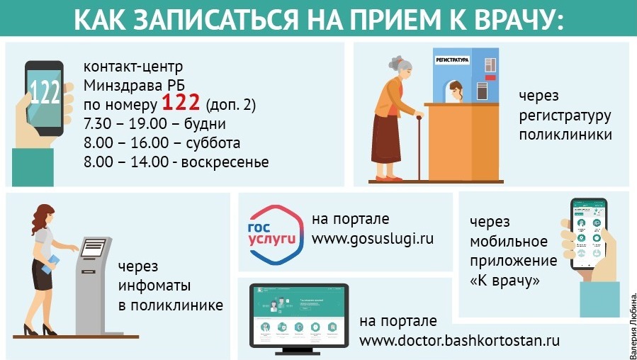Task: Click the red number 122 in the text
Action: click(x=181, y=103)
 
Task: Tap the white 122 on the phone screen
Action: click(x=45, y=92)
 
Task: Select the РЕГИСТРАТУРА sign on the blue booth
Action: click(x=452, y=60)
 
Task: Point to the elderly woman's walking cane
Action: click(x=419, y=148)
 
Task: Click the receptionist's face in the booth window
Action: click(x=456, y=92)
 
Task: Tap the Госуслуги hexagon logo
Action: click(x=276, y=235)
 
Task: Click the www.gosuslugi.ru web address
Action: click(x=373, y=238)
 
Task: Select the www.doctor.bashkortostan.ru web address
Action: click(x=459, y=340)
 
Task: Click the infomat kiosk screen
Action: click(x=94, y=247)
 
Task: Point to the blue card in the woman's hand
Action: click(x=50, y=264)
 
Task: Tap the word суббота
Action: click(x=213, y=143)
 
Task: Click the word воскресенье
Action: click(x=225, y=162)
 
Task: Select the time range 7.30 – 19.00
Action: click(x=125, y=123)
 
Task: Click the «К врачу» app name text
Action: click(x=504, y=281)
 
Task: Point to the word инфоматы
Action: click(x=154, y=286)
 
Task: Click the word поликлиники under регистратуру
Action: click(x=565, y=135)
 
